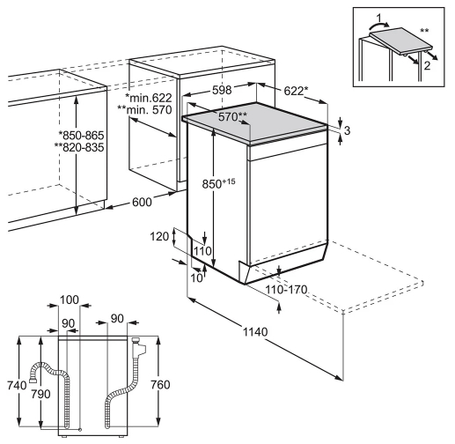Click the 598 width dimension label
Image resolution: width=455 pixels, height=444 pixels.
click(x=222, y=90)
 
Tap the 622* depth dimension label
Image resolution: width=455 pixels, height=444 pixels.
click(x=296, y=91)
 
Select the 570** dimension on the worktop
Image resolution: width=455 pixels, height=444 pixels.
click(x=232, y=117)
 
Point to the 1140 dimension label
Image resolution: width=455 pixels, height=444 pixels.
click(x=255, y=332)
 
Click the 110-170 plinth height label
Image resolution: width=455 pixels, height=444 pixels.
click(x=286, y=290)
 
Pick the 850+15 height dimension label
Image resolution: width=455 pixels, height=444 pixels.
click(x=218, y=183)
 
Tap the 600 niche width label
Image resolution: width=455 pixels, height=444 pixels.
click(x=142, y=202)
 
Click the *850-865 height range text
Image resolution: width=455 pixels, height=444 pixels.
click(x=81, y=136)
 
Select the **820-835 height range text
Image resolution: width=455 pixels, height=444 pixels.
click(x=79, y=147)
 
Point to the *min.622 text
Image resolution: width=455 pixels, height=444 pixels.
click(x=148, y=98)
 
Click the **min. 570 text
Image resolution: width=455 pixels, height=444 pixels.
click(x=144, y=109)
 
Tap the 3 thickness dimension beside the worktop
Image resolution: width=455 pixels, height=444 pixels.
click(x=347, y=130)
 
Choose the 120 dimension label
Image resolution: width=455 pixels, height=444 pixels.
click(x=159, y=236)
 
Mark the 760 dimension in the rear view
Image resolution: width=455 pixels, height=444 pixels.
click(x=160, y=384)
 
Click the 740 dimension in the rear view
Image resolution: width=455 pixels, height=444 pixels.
click(x=17, y=385)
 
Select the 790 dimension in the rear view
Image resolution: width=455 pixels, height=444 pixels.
click(x=40, y=394)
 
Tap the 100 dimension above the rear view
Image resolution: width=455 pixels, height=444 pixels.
click(x=70, y=300)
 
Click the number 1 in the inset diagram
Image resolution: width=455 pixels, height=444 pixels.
click(x=379, y=18)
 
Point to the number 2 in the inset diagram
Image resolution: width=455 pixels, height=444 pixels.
click(x=427, y=65)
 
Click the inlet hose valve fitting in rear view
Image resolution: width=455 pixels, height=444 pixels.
click(x=138, y=347)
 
